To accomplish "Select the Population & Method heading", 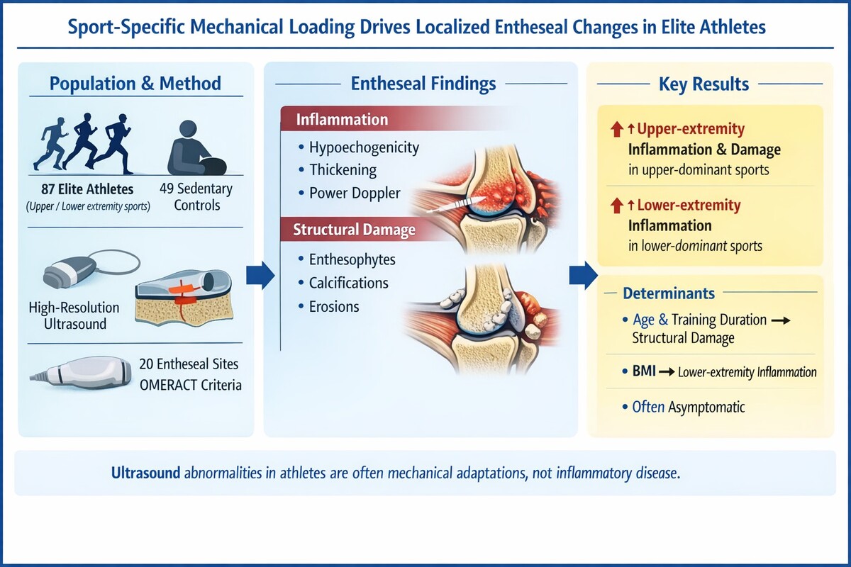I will [x=135, y=84].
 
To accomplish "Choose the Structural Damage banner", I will [x=347, y=230].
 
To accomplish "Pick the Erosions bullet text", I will [x=334, y=306].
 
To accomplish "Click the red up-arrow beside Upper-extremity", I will [x=616, y=130].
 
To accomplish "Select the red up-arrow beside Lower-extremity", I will [x=616, y=206].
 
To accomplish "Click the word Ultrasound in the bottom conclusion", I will [x=145, y=473].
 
